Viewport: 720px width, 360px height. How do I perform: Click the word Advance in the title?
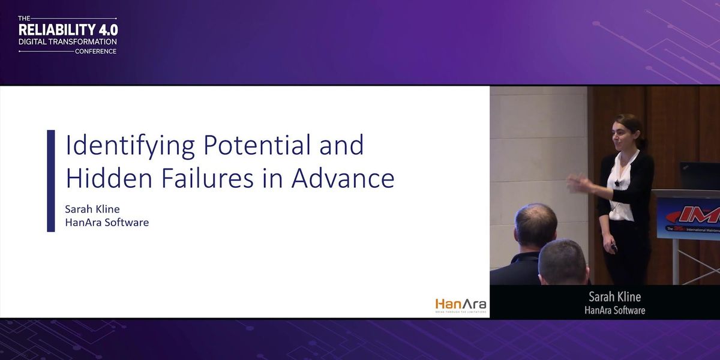click(343, 178)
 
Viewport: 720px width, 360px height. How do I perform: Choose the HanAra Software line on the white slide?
click(107, 223)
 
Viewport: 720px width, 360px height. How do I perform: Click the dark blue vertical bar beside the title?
click(51, 181)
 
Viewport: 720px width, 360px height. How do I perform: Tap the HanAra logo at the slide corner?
click(460, 304)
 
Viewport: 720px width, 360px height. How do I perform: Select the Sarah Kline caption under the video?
click(614, 297)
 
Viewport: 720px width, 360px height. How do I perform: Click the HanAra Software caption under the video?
click(614, 310)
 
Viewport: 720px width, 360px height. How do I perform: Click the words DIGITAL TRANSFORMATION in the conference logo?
click(68, 42)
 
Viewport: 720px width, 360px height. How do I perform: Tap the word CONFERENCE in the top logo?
click(96, 52)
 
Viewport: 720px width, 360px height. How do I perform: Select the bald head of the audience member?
click(536, 224)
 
